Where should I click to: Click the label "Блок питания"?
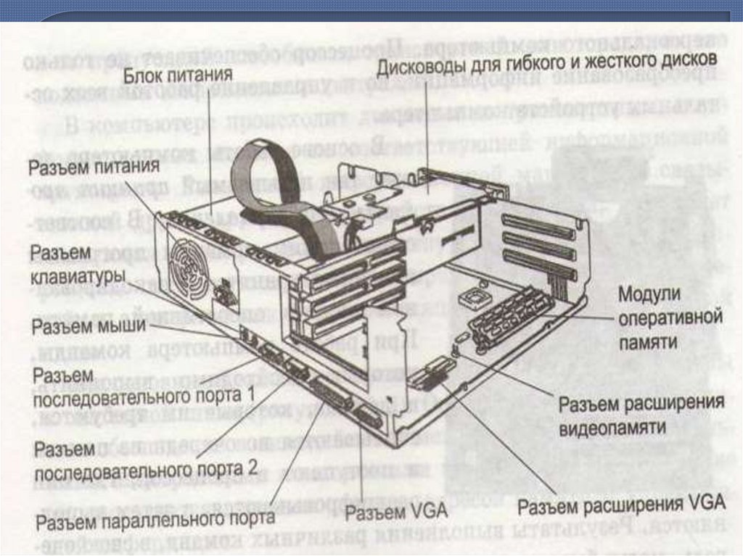pos(177,74)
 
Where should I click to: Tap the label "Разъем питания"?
pos(94,167)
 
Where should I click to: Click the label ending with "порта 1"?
pos(144,386)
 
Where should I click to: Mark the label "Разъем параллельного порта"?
pos(156,518)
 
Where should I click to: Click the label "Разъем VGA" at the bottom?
pos(385,513)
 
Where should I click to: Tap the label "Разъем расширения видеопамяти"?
pos(641,415)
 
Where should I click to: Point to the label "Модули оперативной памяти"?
pos(670,318)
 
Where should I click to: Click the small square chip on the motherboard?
pos(469,297)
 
